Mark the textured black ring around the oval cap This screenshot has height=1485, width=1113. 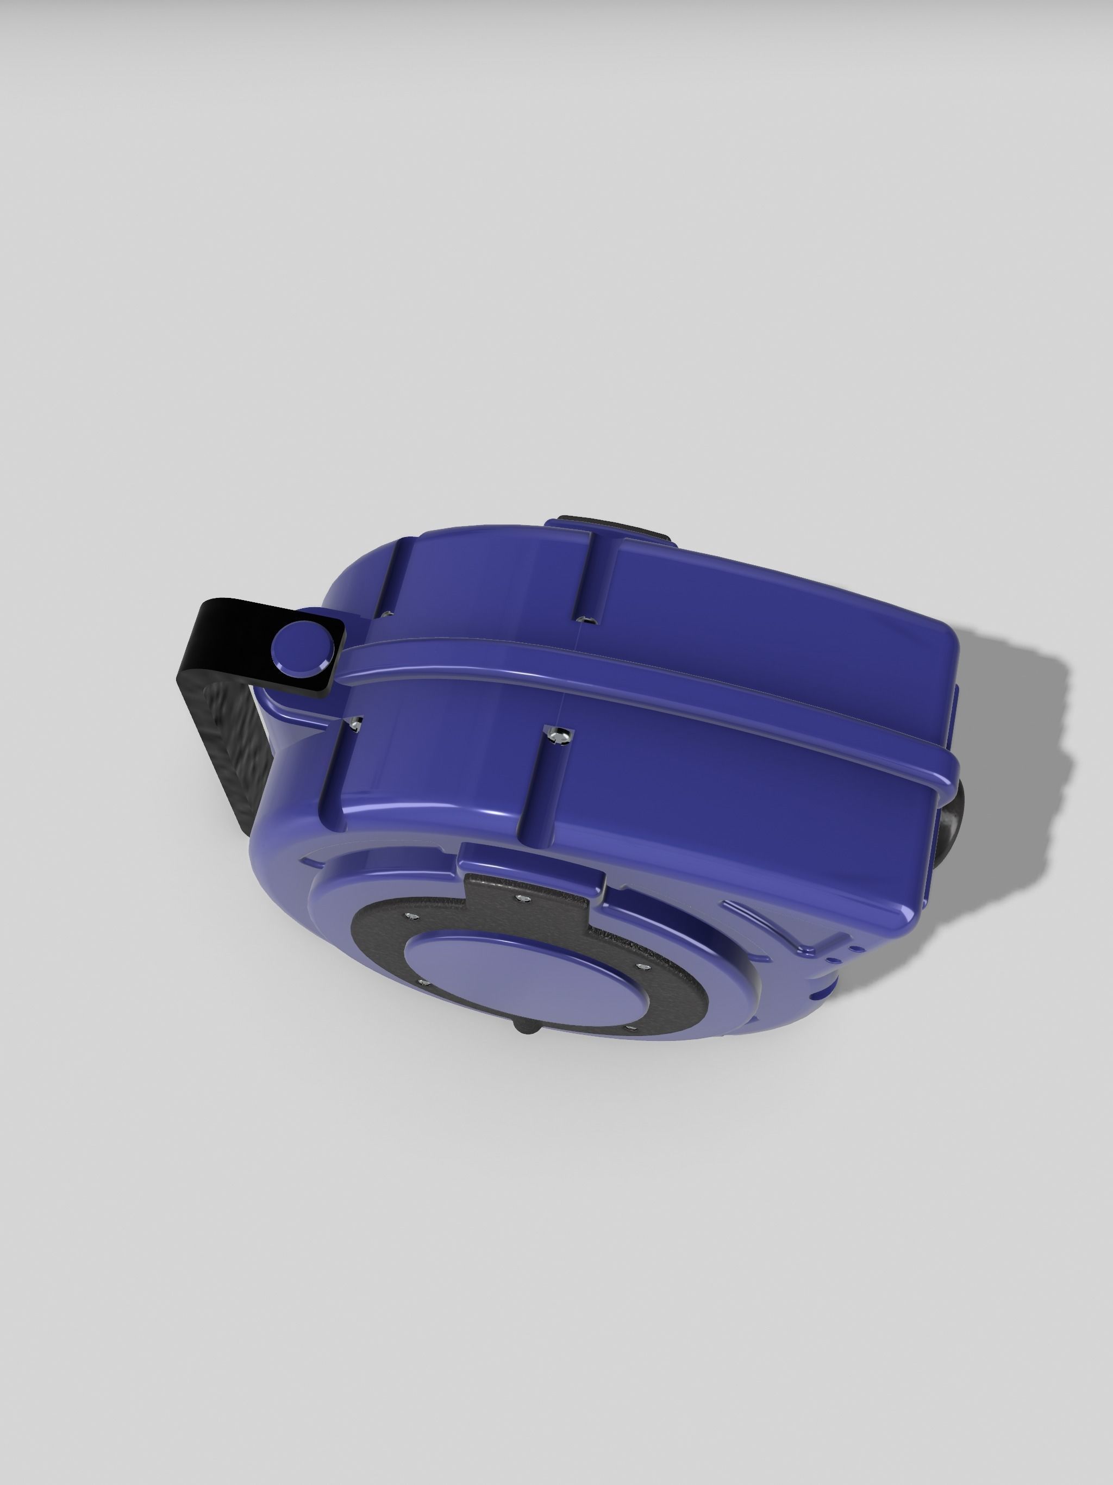(x=678, y=994)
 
